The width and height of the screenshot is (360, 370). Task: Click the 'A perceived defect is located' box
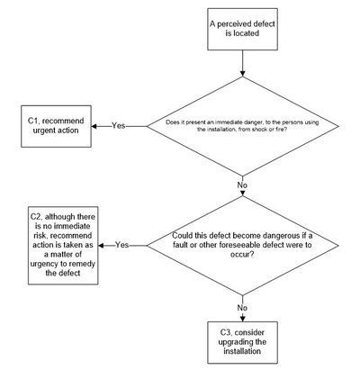tap(242, 29)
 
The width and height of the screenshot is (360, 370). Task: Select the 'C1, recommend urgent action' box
tap(56, 126)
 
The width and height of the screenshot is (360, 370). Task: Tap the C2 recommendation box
tap(63, 245)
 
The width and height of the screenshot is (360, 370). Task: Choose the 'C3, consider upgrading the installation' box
tap(242, 342)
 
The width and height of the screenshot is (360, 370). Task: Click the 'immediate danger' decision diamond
tap(242, 126)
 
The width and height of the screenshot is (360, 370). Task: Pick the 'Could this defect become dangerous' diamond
tap(242, 245)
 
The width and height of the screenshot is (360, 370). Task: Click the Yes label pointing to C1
tap(119, 125)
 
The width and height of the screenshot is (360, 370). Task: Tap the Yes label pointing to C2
tap(122, 245)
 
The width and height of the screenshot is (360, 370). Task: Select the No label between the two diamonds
tap(242, 185)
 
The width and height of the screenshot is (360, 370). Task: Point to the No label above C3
tap(242, 308)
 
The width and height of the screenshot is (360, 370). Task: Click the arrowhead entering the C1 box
tap(94, 126)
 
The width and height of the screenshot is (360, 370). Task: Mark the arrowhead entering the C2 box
tap(101, 246)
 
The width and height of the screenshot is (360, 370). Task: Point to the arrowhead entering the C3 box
tap(242, 319)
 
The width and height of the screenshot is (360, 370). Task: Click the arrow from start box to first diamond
tap(242, 63)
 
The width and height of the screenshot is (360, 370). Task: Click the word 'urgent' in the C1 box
tap(43, 131)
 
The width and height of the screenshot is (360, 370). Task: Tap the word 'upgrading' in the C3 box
tap(237, 342)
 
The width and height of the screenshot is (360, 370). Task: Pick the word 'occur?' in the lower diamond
tap(242, 255)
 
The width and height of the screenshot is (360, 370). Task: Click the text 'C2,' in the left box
tap(37, 217)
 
